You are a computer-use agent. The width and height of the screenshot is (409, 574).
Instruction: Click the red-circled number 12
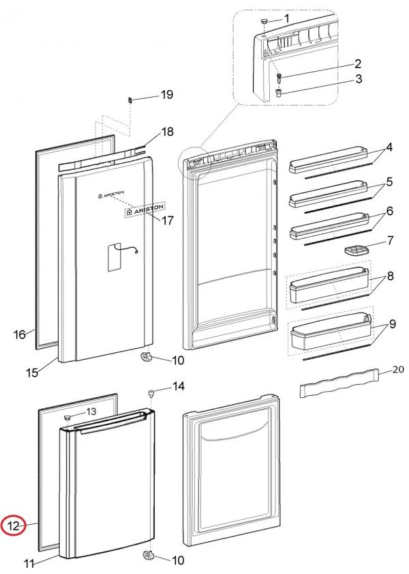click(x=14, y=526)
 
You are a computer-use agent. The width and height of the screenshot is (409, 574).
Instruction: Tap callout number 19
click(x=167, y=96)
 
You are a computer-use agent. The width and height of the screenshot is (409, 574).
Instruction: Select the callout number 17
click(x=167, y=220)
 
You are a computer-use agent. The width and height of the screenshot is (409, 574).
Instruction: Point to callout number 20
click(x=398, y=371)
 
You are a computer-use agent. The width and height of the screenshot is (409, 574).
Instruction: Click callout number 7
click(x=391, y=240)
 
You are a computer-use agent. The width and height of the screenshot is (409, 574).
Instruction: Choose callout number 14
click(x=179, y=387)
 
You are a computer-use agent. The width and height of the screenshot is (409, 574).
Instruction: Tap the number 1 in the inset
click(x=287, y=18)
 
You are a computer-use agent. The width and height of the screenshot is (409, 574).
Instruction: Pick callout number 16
click(x=20, y=334)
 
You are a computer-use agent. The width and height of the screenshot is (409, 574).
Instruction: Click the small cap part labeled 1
click(x=263, y=24)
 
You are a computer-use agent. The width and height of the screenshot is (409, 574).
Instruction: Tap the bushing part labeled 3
click(x=279, y=92)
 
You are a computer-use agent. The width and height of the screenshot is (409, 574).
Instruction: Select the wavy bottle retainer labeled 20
click(x=339, y=386)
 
